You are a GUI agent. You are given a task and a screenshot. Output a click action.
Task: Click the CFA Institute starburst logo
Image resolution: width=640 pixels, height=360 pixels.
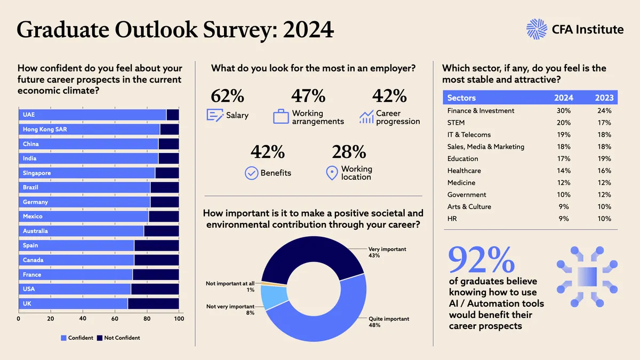click(x=537, y=29)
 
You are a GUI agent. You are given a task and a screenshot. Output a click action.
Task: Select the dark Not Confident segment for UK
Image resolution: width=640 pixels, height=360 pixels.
click(x=154, y=303)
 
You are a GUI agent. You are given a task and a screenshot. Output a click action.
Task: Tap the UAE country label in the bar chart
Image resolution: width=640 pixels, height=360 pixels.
click(x=29, y=115)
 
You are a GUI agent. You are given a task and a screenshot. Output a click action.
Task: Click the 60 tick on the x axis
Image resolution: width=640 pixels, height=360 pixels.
click(x=115, y=318)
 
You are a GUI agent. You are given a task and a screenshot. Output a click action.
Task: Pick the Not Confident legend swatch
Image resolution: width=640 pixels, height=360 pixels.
click(x=99, y=338)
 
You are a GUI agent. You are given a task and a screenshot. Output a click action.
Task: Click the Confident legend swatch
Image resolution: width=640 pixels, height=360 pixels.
click(x=63, y=338)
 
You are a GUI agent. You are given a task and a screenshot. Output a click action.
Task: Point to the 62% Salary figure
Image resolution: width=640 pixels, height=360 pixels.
click(x=227, y=95)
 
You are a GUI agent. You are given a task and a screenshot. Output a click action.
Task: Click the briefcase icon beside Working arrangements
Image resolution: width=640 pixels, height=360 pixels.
click(x=281, y=116)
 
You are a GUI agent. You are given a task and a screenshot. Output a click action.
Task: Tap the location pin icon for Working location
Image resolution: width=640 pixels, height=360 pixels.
click(x=332, y=173)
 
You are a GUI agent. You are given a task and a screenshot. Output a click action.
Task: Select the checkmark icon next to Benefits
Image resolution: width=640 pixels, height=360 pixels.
click(x=251, y=173)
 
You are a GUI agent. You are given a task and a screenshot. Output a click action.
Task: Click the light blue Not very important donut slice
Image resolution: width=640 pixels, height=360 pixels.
click(x=274, y=298)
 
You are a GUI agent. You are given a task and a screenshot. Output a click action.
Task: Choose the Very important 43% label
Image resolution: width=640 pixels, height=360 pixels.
click(x=387, y=252)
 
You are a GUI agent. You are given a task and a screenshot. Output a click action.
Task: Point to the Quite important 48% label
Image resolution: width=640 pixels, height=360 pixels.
click(x=389, y=322)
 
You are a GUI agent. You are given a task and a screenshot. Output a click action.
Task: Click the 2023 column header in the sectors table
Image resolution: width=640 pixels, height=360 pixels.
click(x=604, y=98)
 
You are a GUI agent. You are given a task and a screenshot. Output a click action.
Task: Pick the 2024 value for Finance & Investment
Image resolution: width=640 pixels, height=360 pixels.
click(x=563, y=110)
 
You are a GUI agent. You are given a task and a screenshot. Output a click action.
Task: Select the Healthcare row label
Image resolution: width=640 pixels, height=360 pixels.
click(x=464, y=171)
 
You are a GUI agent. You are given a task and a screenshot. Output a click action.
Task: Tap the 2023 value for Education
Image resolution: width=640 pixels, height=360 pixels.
click(x=604, y=158)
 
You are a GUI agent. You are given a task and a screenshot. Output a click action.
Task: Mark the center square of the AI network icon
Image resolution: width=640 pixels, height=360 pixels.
click(x=587, y=277)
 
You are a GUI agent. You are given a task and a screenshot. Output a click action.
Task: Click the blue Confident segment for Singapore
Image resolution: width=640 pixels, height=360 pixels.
click(x=87, y=173)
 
